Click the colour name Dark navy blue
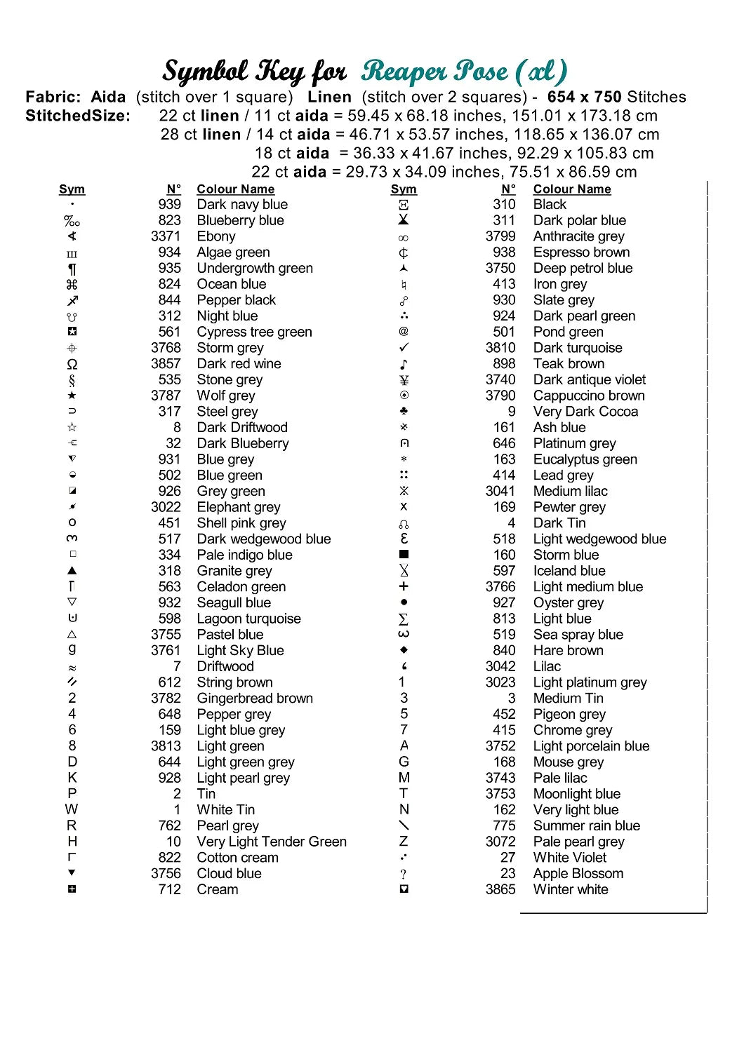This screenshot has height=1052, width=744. pos(242,205)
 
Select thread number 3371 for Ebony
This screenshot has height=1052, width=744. pos(166,236)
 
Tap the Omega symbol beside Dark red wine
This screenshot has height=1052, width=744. pos(72,364)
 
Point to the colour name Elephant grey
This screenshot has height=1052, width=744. pos(239,507)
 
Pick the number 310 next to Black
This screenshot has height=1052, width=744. pos(504,205)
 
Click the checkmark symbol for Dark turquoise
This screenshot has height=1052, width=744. pos(404,348)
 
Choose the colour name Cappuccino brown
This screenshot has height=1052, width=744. pos(589,396)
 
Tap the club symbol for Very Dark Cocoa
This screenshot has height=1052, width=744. pos(404,411)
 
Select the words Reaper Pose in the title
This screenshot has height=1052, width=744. pos(435,72)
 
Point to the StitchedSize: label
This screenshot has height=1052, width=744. pos(78,116)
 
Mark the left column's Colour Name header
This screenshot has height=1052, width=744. pos(236,189)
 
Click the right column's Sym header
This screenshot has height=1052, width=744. pos(404,189)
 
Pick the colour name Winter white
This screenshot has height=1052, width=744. pos(571,889)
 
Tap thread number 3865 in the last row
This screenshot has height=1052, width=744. pos(500,889)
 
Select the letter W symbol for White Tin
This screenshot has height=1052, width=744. pos(72,809)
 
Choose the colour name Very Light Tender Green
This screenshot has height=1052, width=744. pos(272,842)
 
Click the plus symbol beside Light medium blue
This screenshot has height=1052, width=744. pos(404,586)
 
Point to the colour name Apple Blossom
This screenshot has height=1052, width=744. pos(578,874)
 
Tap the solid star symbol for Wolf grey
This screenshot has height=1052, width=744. pos(72,396)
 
